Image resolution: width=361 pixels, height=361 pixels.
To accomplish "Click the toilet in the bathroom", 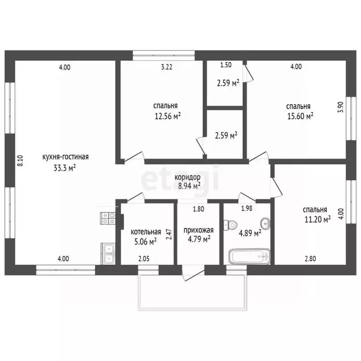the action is pos(230,225).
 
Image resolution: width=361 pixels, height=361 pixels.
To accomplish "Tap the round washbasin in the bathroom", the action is pos(266,223).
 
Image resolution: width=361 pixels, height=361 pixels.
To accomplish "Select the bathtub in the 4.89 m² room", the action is pos(249,256).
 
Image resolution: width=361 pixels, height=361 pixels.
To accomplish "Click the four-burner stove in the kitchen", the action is pos(108,218).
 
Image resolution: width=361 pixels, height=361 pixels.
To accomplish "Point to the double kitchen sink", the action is pos(108,254).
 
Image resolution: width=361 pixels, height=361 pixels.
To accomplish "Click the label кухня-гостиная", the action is pos(65,157).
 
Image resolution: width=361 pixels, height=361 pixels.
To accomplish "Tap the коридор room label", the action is pos(188,177).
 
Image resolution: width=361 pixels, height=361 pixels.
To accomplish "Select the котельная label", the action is pos(146,232).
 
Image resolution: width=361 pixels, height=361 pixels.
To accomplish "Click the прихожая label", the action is pos(198,230).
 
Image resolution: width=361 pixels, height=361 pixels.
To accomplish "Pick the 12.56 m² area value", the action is pos(167,116).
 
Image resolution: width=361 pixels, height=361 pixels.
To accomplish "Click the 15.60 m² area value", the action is pos(300,116).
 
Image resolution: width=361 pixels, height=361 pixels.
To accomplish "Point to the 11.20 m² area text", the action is pos(318,220).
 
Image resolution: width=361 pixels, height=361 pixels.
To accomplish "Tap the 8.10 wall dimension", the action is pos(20,161).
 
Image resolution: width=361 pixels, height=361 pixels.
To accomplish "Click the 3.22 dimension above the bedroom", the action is pos(167,67).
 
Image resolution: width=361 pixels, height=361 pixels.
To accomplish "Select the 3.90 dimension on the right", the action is pos(341,107).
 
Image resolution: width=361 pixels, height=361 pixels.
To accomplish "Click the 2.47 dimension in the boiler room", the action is pos(169,235).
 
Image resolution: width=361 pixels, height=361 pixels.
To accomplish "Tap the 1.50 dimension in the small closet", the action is pos(226,65).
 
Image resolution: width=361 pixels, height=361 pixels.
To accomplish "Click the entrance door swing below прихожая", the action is pos(193,273).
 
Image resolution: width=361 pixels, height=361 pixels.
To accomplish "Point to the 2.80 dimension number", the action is pos(310,259).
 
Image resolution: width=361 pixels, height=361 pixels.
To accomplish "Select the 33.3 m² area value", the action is pos(65,168).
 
